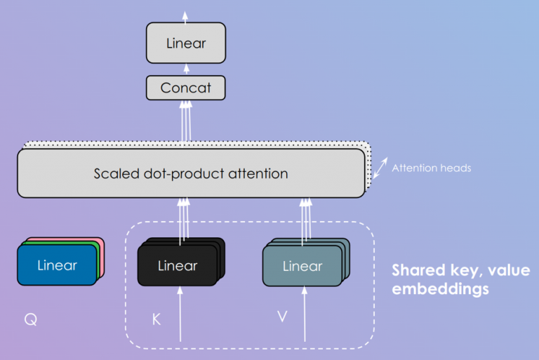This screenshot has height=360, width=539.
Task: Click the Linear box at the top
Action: [x=186, y=42]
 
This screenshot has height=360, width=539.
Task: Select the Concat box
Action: [x=186, y=88]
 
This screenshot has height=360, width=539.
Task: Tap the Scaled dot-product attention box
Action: [x=190, y=173]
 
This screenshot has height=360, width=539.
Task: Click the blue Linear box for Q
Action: [x=56, y=265]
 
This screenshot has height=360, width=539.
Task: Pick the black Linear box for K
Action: [x=178, y=266]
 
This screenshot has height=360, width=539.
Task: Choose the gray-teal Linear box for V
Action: [x=302, y=266]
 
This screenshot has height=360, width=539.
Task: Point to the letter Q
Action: [x=29, y=320]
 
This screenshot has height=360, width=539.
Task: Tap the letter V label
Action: [x=281, y=316]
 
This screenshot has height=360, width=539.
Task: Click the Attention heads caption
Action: [x=431, y=168]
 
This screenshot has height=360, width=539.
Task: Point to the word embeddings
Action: [x=440, y=288]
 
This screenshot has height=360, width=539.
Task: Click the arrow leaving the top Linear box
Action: [x=186, y=15]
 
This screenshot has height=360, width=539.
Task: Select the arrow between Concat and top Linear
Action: [x=186, y=69]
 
